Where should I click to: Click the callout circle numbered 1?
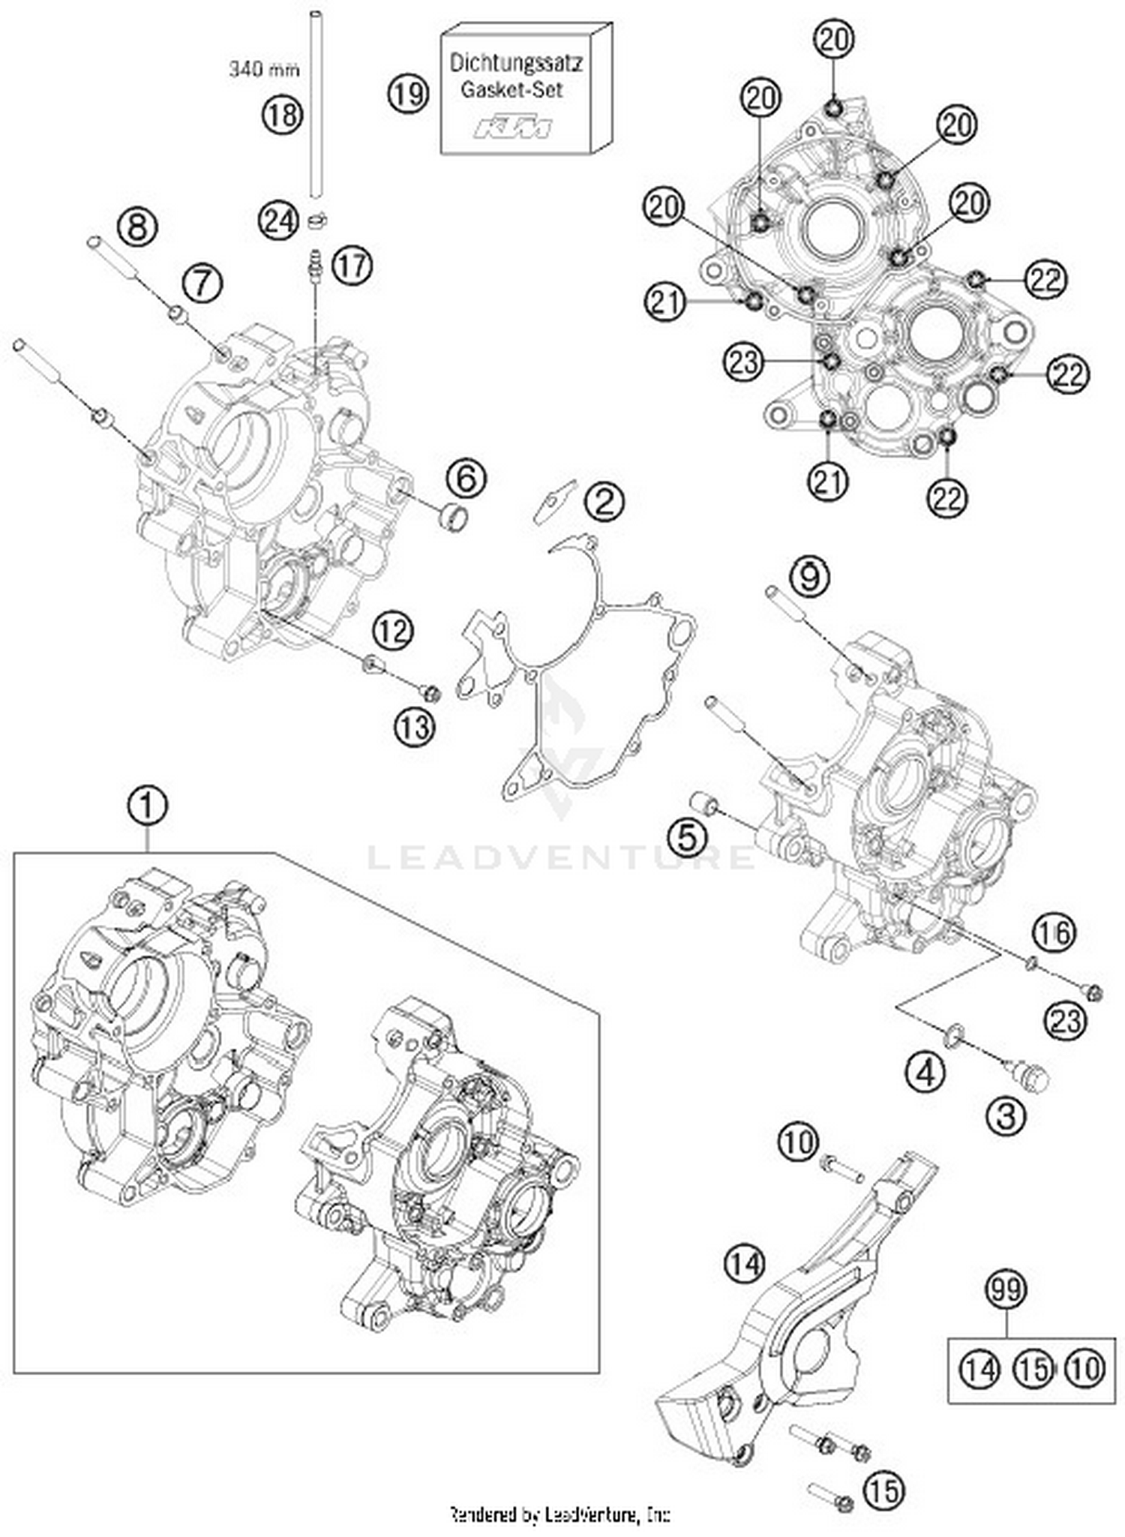(147, 806)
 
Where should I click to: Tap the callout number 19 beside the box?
(408, 94)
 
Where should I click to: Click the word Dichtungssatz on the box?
(516, 63)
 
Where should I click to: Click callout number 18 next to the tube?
(282, 115)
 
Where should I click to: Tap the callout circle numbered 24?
(279, 221)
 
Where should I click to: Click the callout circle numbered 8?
(136, 225)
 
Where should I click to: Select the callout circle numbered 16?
(1054, 932)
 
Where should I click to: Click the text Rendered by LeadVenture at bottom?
(559, 1514)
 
